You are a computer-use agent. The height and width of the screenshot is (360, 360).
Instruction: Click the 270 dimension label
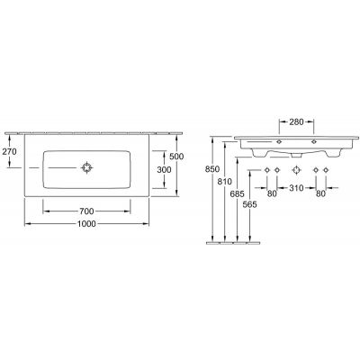pyautogui.click(x=11, y=153)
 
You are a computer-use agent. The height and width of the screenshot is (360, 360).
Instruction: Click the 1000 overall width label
pyautogui.click(x=87, y=225)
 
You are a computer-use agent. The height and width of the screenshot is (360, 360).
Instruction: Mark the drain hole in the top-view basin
pyautogui.click(x=87, y=167)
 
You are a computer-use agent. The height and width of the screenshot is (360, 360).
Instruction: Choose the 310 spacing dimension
pyautogui.click(x=295, y=190)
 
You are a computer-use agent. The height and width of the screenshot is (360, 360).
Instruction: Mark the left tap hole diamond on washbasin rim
pyautogui.click(x=279, y=142)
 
